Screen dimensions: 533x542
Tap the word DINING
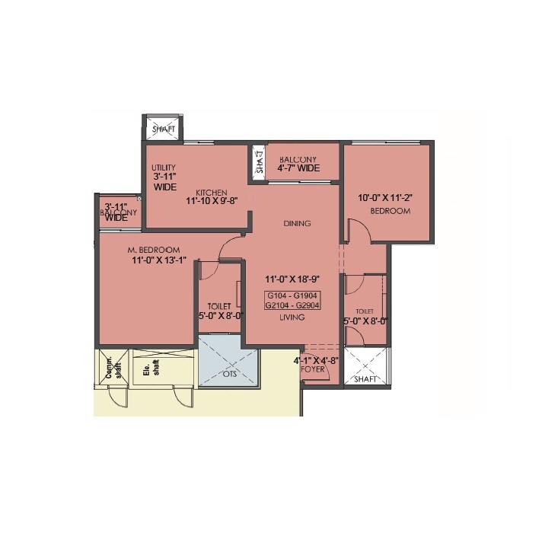298,223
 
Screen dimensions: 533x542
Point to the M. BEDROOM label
153,251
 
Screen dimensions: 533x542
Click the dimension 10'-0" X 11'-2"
384,197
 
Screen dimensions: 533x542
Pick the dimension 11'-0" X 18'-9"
292,279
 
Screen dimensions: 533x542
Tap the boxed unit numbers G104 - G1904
292,295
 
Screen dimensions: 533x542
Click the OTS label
229,374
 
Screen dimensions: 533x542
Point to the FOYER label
313,369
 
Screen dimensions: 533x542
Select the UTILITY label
164,167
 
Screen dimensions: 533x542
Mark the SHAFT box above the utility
163,128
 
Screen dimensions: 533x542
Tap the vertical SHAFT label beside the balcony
259,161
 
